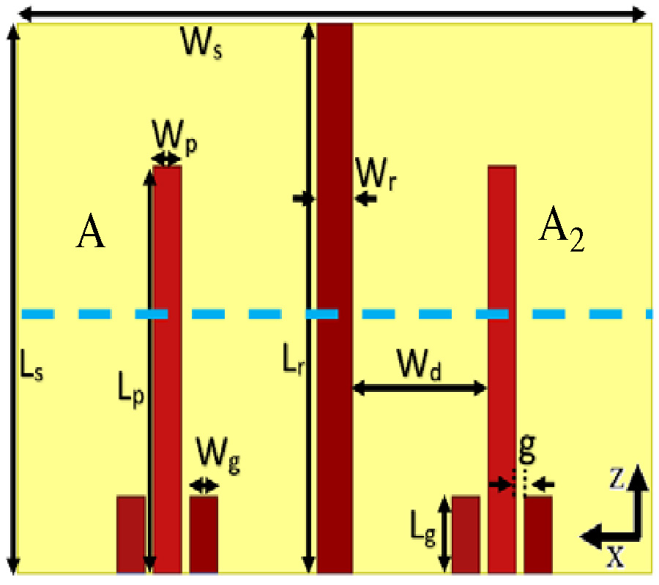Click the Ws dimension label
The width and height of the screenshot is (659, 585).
(x=202, y=46)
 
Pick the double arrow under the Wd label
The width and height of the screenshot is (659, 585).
(x=420, y=388)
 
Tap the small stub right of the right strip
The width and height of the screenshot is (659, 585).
(x=537, y=534)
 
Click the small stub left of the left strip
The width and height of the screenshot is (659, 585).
(x=131, y=534)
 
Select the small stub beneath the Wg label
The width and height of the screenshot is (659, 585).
(x=204, y=534)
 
